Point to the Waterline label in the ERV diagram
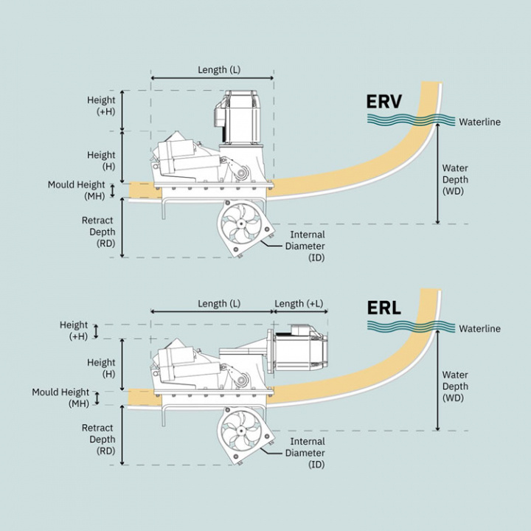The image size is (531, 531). click(x=479, y=122)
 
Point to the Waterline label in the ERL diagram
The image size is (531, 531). click(x=479, y=328)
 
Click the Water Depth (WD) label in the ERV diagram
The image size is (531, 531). click(x=455, y=179)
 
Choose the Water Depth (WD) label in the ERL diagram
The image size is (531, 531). click(x=455, y=386)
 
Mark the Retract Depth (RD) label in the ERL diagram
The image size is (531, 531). click(x=97, y=439)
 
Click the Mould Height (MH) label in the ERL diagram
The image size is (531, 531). click(x=60, y=398)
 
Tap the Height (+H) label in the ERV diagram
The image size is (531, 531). click(x=101, y=105)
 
